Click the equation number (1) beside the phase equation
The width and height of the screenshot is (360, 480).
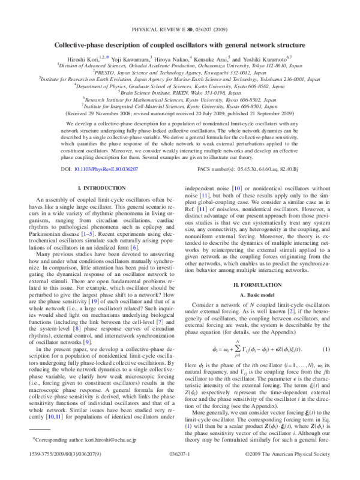(321, 332)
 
